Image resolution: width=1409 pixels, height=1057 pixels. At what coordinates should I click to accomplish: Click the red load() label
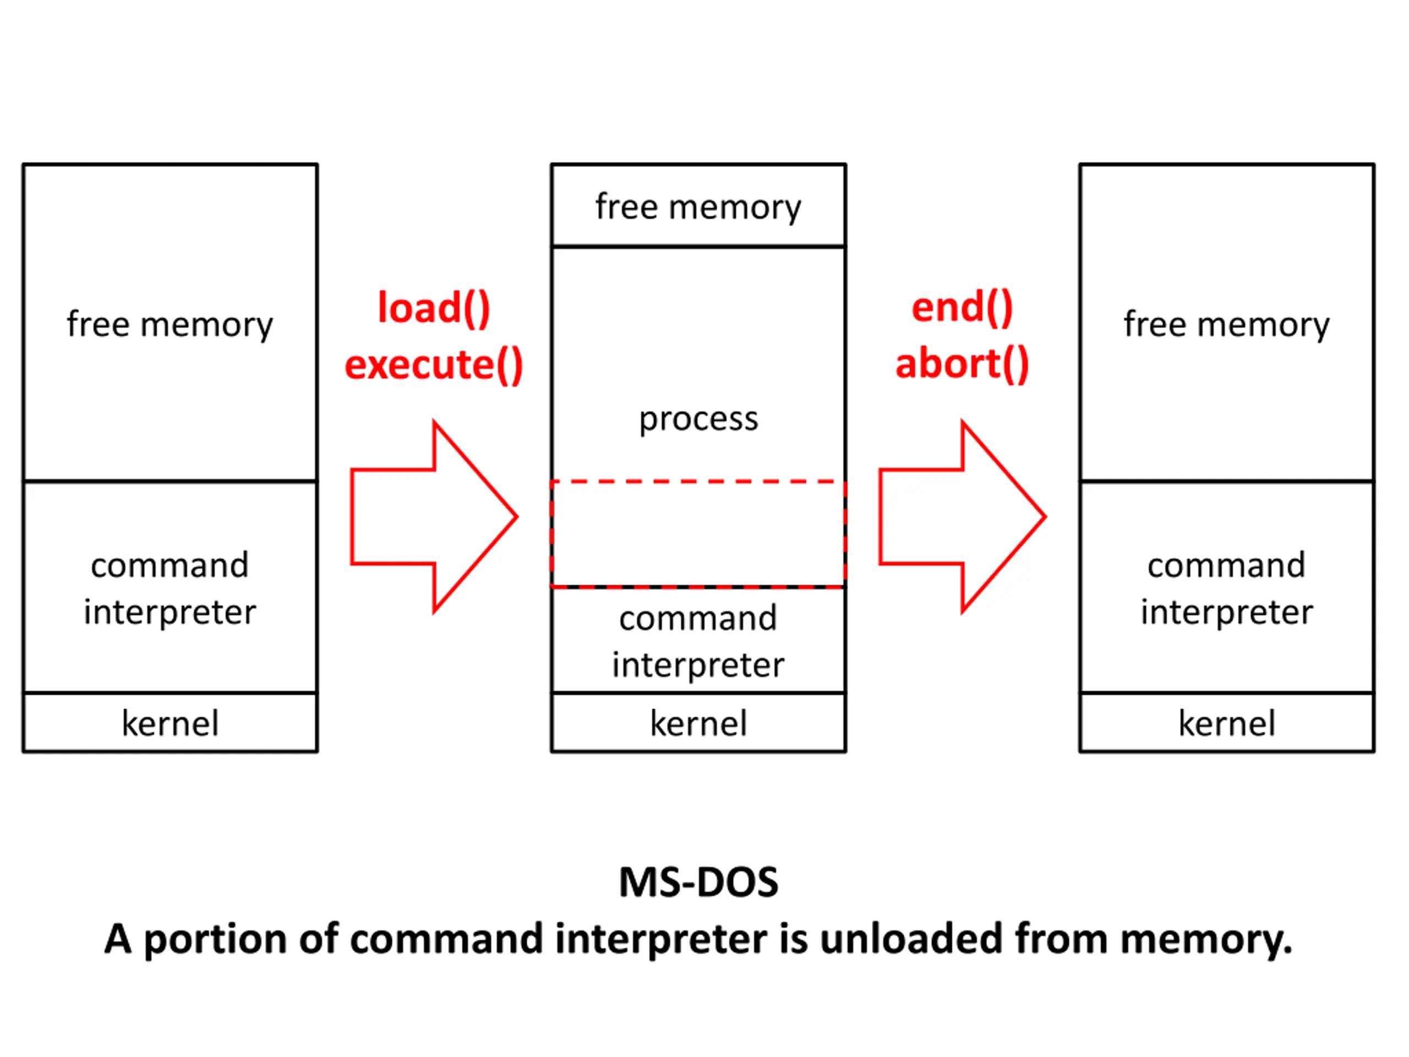434,308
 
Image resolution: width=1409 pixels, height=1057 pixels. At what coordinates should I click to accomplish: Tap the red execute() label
434,364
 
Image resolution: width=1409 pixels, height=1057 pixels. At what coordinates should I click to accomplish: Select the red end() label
962,308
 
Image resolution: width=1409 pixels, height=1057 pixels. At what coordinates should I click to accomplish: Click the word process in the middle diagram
699,420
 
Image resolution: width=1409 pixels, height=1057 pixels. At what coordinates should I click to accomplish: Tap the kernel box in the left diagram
170,722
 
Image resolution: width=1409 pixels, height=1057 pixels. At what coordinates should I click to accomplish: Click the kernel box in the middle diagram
699,722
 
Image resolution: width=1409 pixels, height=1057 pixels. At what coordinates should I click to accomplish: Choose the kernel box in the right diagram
1227,722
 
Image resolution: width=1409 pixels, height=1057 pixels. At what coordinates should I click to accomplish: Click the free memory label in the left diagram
170,325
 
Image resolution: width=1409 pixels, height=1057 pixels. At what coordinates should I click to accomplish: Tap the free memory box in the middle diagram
699,205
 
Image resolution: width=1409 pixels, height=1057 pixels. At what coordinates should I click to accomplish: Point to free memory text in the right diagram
1227,325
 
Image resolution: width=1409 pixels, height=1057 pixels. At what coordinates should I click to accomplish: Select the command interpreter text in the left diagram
170,589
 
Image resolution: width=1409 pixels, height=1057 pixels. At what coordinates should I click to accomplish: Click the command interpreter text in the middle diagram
699,641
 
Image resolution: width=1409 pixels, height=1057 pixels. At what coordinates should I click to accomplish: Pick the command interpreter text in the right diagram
1227,589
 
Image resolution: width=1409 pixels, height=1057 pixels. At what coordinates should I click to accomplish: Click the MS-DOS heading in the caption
699,883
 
